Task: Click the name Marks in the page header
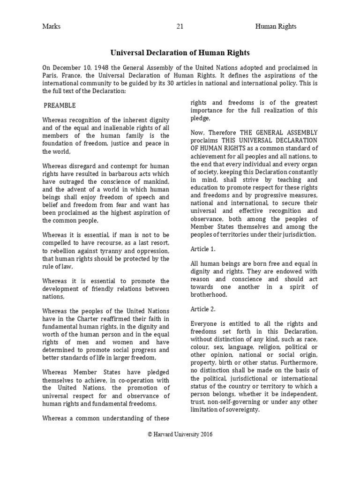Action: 51,26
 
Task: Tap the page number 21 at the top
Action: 180,26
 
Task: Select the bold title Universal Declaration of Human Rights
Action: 180,53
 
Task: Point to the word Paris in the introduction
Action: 50,75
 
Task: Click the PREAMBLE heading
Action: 60,105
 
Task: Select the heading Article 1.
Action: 202,248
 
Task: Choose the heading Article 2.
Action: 202,309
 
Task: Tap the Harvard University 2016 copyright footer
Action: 180,434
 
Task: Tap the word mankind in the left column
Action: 154,181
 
